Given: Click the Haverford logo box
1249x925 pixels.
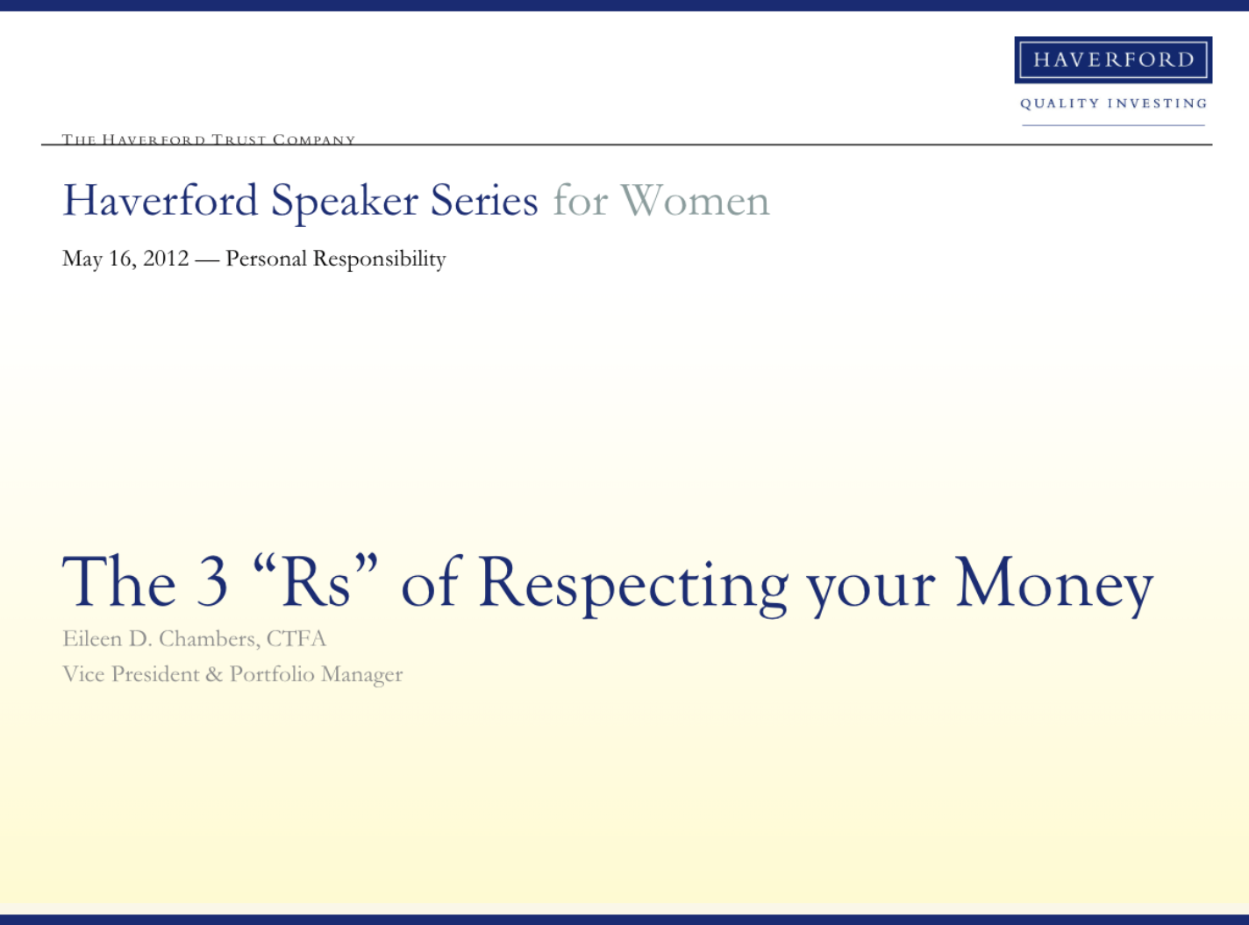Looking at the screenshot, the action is click(1113, 60).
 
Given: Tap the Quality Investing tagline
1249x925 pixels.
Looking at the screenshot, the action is click(1114, 103).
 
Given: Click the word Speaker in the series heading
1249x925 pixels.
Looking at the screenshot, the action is click(344, 203).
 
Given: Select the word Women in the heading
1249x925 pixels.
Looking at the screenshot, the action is click(695, 201).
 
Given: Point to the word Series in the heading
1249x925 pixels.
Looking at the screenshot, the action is click(484, 201).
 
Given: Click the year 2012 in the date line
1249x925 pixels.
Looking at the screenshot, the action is click(166, 259).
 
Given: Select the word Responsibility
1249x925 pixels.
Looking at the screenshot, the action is click(380, 260).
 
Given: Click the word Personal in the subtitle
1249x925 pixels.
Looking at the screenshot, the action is click(267, 259).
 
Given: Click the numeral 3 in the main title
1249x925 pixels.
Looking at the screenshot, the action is click(212, 581).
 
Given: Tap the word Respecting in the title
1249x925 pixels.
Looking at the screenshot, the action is click(633, 586).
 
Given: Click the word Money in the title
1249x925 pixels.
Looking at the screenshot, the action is click(1055, 586).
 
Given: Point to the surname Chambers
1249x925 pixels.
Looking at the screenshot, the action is click(210, 639).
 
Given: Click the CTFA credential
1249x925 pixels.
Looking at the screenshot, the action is click(296, 639).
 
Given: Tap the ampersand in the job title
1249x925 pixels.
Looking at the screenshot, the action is click(215, 674).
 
